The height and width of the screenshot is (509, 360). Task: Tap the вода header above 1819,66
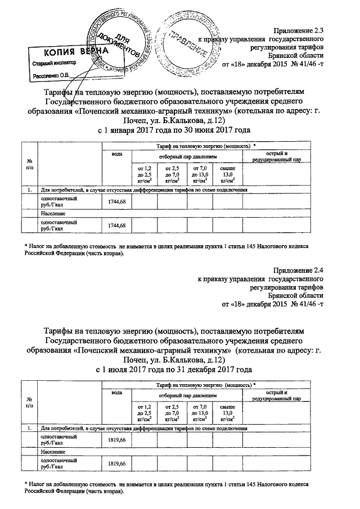coord(116,392)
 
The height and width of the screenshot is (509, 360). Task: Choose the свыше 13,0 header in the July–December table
coord(227,412)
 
